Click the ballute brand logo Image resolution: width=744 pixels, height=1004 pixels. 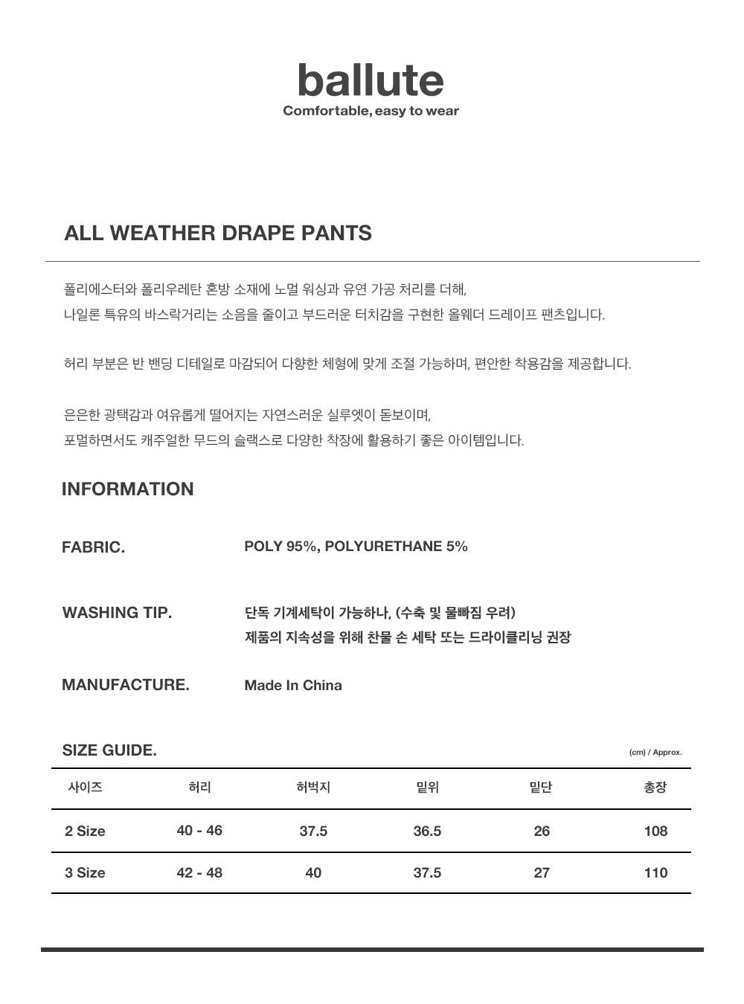pyautogui.click(x=371, y=81)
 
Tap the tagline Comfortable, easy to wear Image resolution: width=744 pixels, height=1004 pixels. pyautogui.click(x=371, y=112)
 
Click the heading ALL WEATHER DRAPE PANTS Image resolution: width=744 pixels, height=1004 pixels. pyautogui.click(x=218, y=233)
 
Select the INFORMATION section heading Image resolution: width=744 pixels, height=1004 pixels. pyautogui.click(x=127, y=489)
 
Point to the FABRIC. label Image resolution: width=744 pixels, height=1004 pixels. pyautogui.click(x=93, y=547)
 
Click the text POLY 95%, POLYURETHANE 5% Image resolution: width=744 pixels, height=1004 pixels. pyautogui.click(x=356, y=547)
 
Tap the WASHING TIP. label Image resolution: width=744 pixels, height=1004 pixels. pyautogui.click(x=117, y=613)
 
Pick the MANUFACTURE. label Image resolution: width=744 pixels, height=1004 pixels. pyautogui.click(x=125, y=685)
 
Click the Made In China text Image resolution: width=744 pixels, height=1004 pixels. pyautogui.click(x=293, y=686)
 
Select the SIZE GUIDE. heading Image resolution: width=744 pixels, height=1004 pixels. pyautogui.click(x=109, y=750)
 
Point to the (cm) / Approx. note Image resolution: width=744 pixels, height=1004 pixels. pyautogui.click(x=655, y=753)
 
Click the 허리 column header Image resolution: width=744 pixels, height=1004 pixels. pyautogui.click(x=199, y=788)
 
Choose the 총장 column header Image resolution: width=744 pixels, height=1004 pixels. pyautogui.click(x=655, y=788)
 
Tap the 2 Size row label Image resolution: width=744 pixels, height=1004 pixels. pyautogui.click(x=85, y=831)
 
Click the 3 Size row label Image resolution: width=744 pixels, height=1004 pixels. pyautogui.click(x=85, y=872)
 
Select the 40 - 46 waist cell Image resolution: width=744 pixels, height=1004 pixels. pyautogui.click(x=199, y=831)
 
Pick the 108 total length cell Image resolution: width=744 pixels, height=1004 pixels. pyautogui.click(x=655, y=831)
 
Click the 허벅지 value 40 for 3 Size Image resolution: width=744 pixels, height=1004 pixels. pyautogui.click(x=313, y=872)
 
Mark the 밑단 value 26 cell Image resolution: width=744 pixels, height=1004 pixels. pyautogui.click(x=542, y=831)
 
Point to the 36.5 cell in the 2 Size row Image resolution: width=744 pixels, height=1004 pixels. pyautogui.click(x=427, y=831)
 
